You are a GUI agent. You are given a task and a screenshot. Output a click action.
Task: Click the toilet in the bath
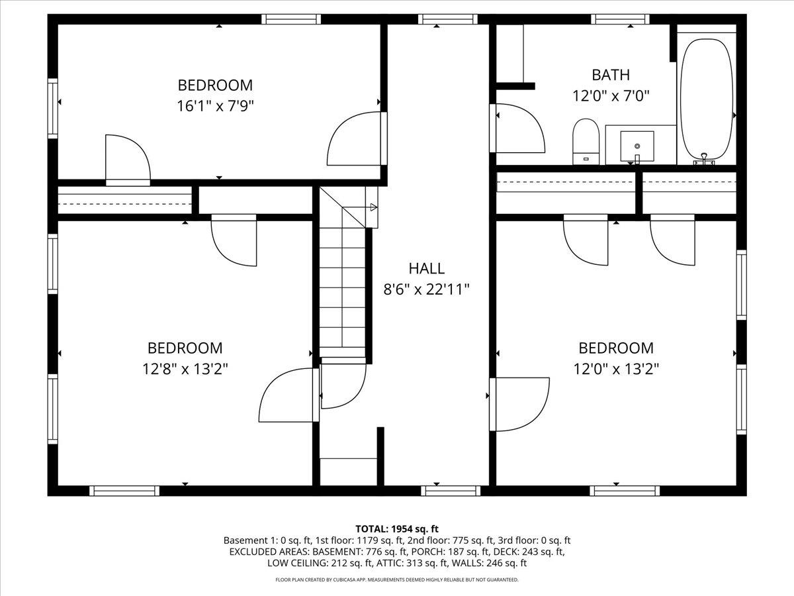586,140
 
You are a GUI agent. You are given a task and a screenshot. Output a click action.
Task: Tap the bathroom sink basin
637,145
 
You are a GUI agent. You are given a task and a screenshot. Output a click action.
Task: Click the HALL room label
426,268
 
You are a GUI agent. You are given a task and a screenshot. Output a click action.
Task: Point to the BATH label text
610,75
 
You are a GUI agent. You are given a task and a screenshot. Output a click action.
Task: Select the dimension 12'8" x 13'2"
185,368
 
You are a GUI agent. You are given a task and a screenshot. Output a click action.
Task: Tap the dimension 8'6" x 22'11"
426,289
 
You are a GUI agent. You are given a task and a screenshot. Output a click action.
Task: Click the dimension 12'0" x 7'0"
610,95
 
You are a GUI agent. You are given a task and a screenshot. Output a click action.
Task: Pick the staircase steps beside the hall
342,285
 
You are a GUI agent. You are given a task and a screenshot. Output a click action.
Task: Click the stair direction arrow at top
373,207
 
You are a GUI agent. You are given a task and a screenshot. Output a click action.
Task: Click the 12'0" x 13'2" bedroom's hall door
519,404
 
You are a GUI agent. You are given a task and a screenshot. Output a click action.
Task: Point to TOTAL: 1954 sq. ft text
397,528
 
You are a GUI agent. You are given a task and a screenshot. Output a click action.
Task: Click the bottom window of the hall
451,490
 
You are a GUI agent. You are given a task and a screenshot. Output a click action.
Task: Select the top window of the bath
620,19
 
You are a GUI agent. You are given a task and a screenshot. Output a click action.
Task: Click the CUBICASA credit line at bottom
397,579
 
